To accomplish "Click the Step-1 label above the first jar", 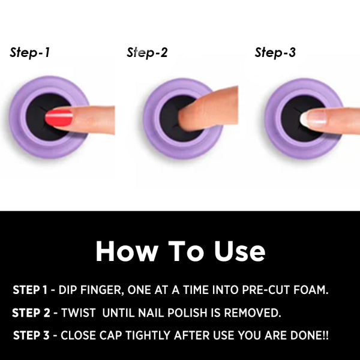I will [29, 52].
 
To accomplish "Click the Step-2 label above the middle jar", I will [147, 52].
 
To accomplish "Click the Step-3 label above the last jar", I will [275, 52].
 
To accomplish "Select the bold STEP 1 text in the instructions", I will [32, 290].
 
